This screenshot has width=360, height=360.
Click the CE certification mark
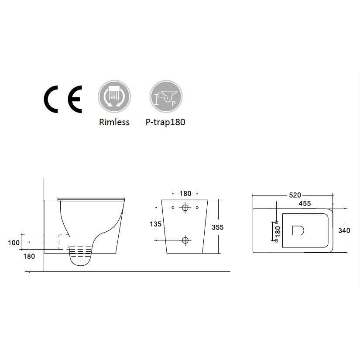coord(63,99)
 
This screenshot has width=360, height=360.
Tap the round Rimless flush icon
coord(114,96)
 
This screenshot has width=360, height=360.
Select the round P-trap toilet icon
coord(166,96)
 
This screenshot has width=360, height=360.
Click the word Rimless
coord(114,122)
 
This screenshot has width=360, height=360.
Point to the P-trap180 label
coord(165,122)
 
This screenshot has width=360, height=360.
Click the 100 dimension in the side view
coord(14,243)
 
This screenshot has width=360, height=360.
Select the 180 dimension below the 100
coord(29,256)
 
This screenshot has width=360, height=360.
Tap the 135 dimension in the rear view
coord(156,224)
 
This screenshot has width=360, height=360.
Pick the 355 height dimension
coord(218,227)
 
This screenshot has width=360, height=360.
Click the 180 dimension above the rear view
coord(185,194)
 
